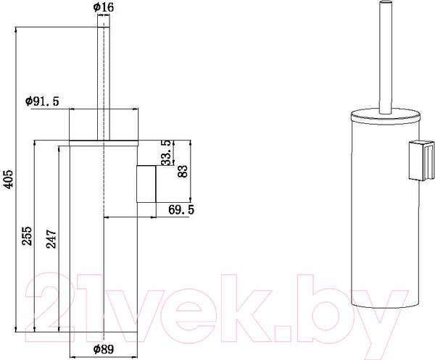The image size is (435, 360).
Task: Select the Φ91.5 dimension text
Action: pos(41,101)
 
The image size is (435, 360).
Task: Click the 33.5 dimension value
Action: pos(167,153)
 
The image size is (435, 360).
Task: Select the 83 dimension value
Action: pos(183,171)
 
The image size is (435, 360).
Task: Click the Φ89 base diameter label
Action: pos(104,349)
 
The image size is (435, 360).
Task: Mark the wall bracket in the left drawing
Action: pos(147,184)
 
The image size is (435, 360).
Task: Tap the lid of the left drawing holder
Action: pos(104,124)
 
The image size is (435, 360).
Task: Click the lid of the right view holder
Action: pos(384,116)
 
